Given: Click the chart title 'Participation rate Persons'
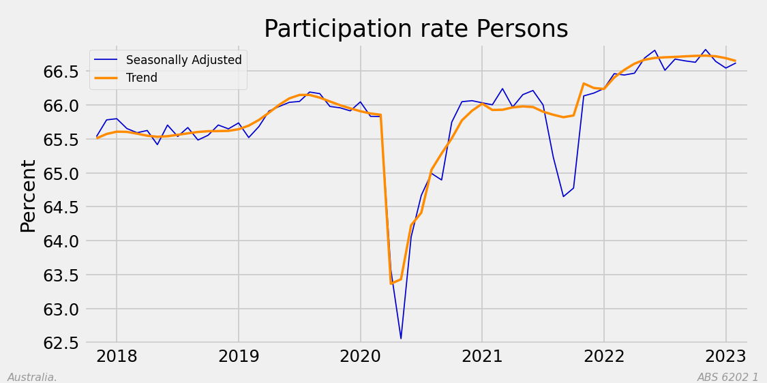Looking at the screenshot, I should coord(416,29).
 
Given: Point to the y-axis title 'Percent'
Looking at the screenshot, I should coord(29,196).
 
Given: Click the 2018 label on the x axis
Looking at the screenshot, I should coord(117,356).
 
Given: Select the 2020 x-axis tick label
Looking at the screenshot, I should coord(360,356).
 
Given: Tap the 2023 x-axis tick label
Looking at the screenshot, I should coord(725,356).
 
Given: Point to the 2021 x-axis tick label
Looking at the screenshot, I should coord(482,356).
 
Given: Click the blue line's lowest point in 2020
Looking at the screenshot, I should coord(401,339).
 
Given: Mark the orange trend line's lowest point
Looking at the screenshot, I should coord(391,284).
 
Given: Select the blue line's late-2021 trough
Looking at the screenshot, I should coord(563,196).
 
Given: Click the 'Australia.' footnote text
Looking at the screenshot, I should coord(32,377).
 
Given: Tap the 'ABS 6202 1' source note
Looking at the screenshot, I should coord(727,377).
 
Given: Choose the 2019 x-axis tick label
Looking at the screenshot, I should coord(238,356).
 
